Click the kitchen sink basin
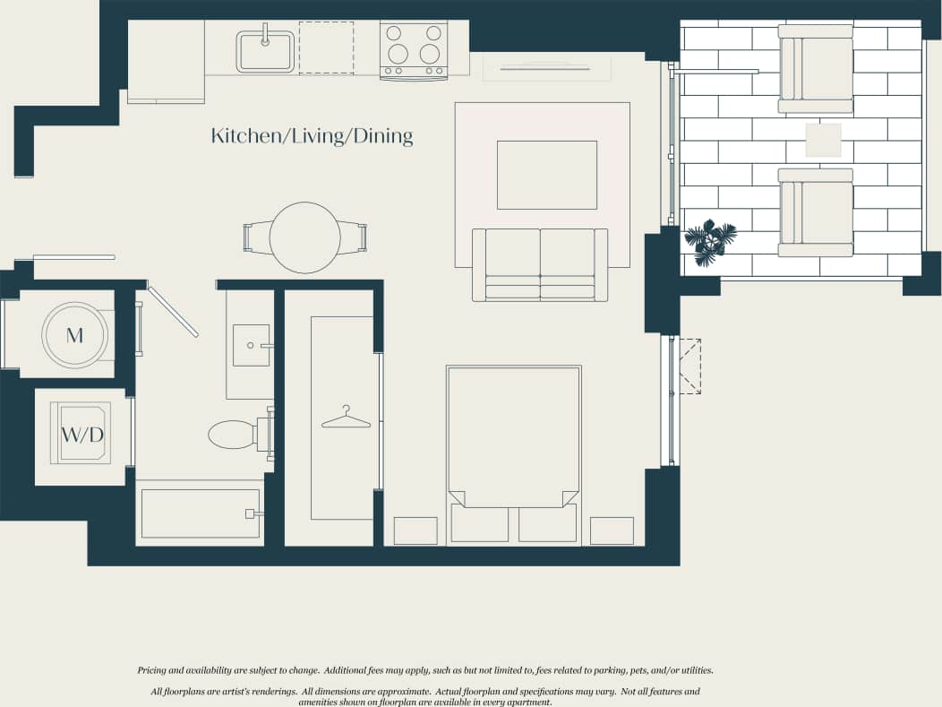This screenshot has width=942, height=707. pos(266,52)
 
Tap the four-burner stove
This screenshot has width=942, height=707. pos(414,49)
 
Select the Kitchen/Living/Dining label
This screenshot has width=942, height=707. pos(312,136)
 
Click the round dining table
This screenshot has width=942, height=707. pos(305,237)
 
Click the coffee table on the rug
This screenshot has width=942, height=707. pos(547,175)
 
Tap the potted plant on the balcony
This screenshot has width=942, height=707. pos(710,240)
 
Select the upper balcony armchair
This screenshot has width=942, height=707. pos(816,69)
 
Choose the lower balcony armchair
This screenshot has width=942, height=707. pos(816,212)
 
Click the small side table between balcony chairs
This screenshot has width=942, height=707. pos(823,141)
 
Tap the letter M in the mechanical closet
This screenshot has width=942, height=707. pos(74,336)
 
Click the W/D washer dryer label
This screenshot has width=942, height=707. pos(82,435)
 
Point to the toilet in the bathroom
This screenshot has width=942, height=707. pos(235,435)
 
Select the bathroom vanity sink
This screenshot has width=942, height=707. pos(251,345)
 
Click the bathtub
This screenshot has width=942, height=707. pos(201,513)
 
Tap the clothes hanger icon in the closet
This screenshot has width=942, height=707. pos(346,417)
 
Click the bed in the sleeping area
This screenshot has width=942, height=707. pos(514,439)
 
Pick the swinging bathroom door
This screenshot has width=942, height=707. pos(173,312)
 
